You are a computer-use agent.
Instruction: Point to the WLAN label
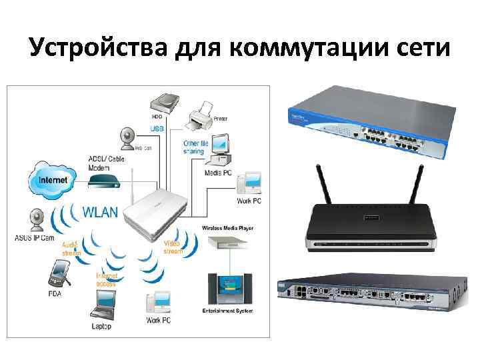click(99, 212)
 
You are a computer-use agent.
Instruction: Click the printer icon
click(201, 119)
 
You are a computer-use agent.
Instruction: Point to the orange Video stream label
click(172, 248)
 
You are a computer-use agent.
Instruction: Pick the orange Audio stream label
click(73, 249)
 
